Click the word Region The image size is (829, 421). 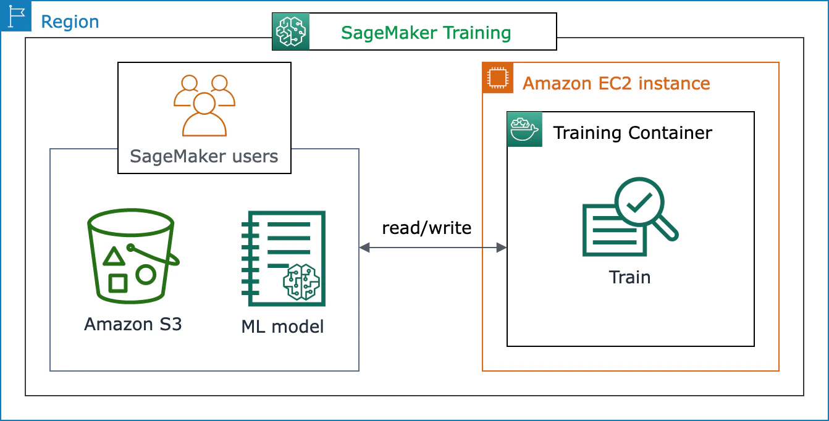pos(69,22)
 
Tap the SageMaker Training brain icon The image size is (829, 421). pos(290,31)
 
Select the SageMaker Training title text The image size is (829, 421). pos(426,32)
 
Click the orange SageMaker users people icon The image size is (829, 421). pos(204,105)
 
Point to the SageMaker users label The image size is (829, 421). pos(204,156)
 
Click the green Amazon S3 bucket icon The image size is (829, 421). pos(133,258)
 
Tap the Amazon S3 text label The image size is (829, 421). pos(133,324)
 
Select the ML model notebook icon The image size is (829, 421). pos(283,258)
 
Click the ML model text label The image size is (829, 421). pos(282,326)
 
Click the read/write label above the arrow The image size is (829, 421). pos(426,228)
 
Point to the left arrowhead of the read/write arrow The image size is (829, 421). pos(364,248)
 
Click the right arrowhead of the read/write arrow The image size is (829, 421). pos(502,248)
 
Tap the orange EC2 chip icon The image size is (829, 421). pos(497,78)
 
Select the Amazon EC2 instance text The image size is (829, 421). pos(616,83)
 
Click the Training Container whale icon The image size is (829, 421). pos(524,129)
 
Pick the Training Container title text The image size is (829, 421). pos(632,133)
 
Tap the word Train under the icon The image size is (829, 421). pos(629,277)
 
